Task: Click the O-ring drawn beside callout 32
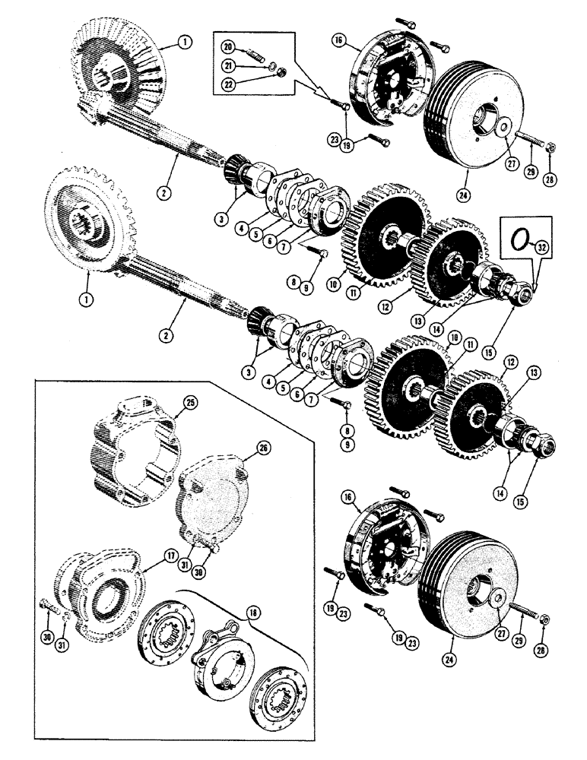(519, 238)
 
